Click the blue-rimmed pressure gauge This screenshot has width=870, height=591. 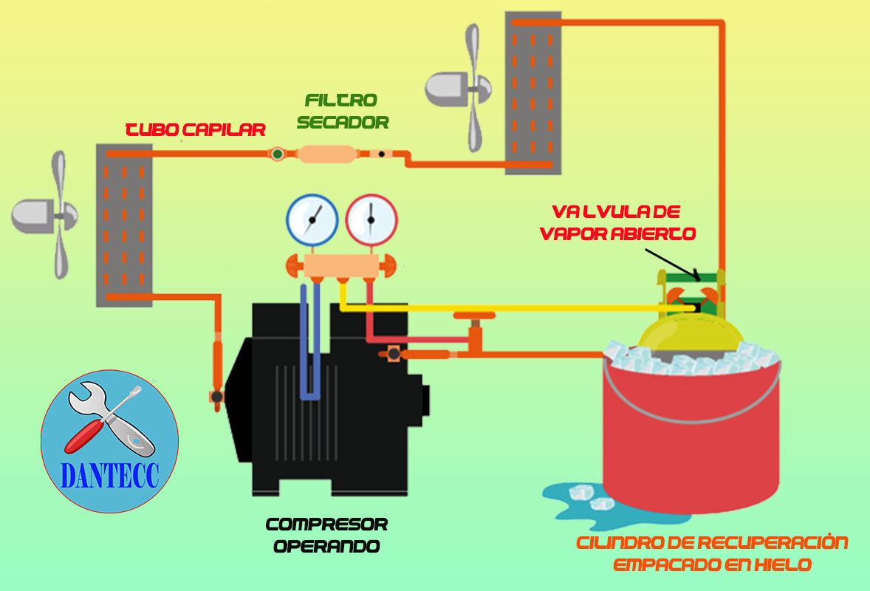click(312, 220)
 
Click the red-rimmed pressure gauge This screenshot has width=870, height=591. click(371, 220)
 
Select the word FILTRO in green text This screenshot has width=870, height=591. click(342, 100)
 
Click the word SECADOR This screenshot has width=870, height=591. click(343, 123)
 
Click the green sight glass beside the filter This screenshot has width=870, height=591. click(277, 154)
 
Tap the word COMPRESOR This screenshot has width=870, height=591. click(326, 525)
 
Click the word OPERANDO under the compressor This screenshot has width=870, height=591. click(326, 547)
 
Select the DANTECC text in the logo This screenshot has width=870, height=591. click(109, 476)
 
